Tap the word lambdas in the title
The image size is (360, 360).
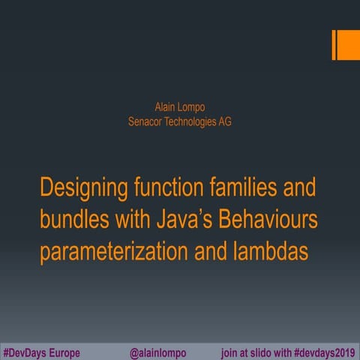(x=269, y=250)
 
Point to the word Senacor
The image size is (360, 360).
(x=146, y=121)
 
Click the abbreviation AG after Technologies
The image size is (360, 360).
(x=224, y=121)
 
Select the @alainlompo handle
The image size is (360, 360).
(x=157, y=352)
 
